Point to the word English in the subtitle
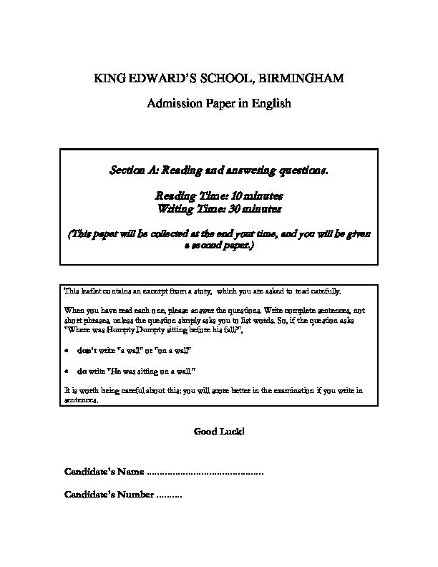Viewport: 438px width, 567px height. pos(273,104)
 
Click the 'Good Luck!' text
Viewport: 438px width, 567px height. pos(219,431)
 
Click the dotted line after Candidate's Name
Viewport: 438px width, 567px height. pos(205,472)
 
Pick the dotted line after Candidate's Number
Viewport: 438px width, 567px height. pos(169,495)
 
